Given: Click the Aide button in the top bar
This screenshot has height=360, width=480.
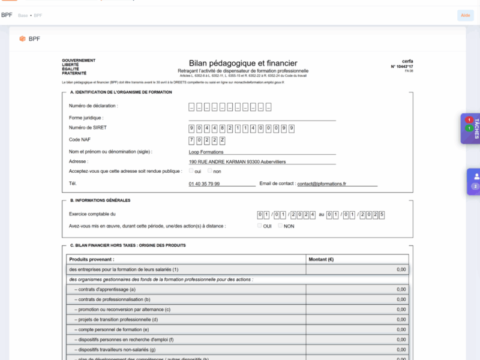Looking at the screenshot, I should (x=465, y=16).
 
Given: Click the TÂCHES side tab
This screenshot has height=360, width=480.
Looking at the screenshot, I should (x=470, y=128).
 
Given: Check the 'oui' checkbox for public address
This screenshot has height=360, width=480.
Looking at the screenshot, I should (x=191, y=171).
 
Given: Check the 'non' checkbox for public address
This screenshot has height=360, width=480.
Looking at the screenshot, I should (x=209, y=171).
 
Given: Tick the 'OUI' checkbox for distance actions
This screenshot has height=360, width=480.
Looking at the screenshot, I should (x=260, y=226).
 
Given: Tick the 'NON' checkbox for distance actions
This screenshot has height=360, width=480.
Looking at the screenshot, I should (x=280, y=226).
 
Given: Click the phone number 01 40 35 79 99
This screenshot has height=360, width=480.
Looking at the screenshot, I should (x=204, y=184).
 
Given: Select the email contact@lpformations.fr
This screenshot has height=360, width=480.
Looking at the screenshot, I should (x=322, y=184).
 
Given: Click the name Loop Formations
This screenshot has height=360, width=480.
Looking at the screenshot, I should (x=206, y=152).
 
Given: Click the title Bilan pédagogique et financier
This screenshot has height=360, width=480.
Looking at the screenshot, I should (x=242, y=62).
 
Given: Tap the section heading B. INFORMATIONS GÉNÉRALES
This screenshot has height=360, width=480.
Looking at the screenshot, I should (x=100, y=200).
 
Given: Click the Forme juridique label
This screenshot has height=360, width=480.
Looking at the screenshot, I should (x=86, y=118).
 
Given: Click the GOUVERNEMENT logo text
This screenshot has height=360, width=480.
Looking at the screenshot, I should (x=78, y=61).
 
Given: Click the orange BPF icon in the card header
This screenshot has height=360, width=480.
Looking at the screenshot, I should (x=22, y=39).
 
